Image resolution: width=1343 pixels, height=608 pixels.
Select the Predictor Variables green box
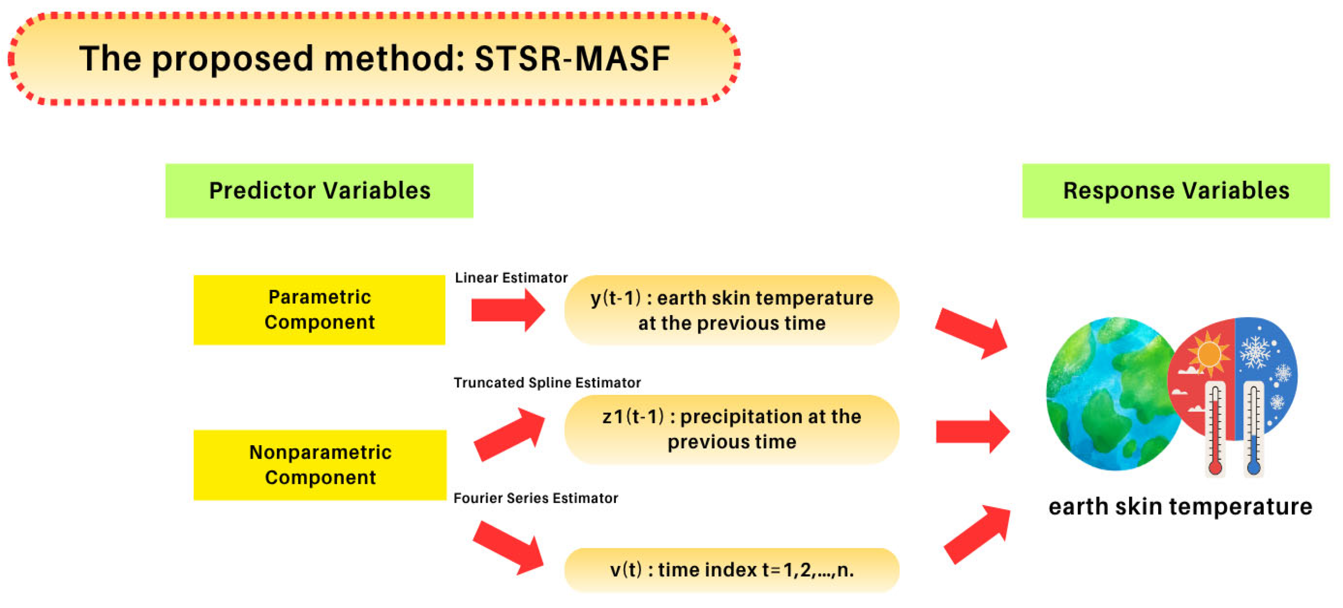pos(319,191)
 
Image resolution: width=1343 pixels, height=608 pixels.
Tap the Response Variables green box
pos(1176,191)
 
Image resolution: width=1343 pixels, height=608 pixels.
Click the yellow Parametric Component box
pos(319,310)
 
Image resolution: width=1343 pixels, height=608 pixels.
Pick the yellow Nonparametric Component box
pos(319,465)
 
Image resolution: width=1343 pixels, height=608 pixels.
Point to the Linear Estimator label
pos(511,277)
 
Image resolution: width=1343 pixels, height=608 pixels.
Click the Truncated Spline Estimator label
pos(547,382)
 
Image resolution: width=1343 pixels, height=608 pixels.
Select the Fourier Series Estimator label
pos(535,498)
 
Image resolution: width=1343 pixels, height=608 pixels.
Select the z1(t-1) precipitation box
pos(732,429)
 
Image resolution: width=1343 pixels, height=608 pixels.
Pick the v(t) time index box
pos(732,569)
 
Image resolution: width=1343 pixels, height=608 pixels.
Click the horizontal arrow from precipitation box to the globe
pos(972,431)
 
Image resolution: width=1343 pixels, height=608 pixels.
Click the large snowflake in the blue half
pos(1255,352)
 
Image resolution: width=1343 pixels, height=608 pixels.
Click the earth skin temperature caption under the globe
pos(1180,507)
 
